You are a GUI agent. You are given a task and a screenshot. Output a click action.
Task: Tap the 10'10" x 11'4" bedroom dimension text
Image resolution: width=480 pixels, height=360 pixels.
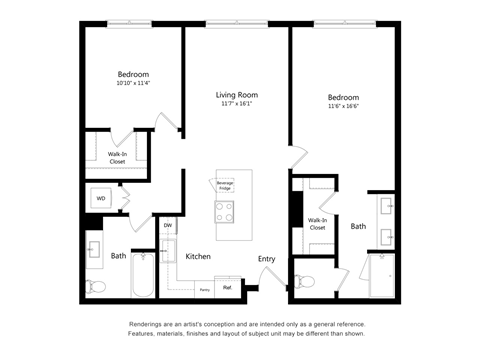133,84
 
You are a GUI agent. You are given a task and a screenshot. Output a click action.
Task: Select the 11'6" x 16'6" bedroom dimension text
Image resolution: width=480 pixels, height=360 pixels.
343,106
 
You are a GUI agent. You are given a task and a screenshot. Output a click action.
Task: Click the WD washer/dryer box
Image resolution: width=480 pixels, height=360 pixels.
101,198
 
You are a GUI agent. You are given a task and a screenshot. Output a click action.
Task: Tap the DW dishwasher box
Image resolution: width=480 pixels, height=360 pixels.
168,226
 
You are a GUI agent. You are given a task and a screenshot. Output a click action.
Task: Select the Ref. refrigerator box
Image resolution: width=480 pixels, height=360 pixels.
227,288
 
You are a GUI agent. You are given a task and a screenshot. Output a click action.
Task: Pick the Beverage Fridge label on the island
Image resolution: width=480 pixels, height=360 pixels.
225,185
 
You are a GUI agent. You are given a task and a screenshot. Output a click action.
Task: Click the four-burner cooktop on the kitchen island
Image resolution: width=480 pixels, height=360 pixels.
225,211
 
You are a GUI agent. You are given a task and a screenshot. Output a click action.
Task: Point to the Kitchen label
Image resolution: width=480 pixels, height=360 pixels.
198,257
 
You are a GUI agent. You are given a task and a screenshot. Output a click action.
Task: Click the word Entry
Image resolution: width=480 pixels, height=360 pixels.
266,259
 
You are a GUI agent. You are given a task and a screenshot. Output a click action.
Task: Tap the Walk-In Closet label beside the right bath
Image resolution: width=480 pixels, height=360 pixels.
318,224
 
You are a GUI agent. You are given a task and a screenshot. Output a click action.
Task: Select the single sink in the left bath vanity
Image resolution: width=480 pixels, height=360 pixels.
97,249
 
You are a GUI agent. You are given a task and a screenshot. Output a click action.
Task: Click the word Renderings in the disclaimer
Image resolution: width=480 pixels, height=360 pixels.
150,324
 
